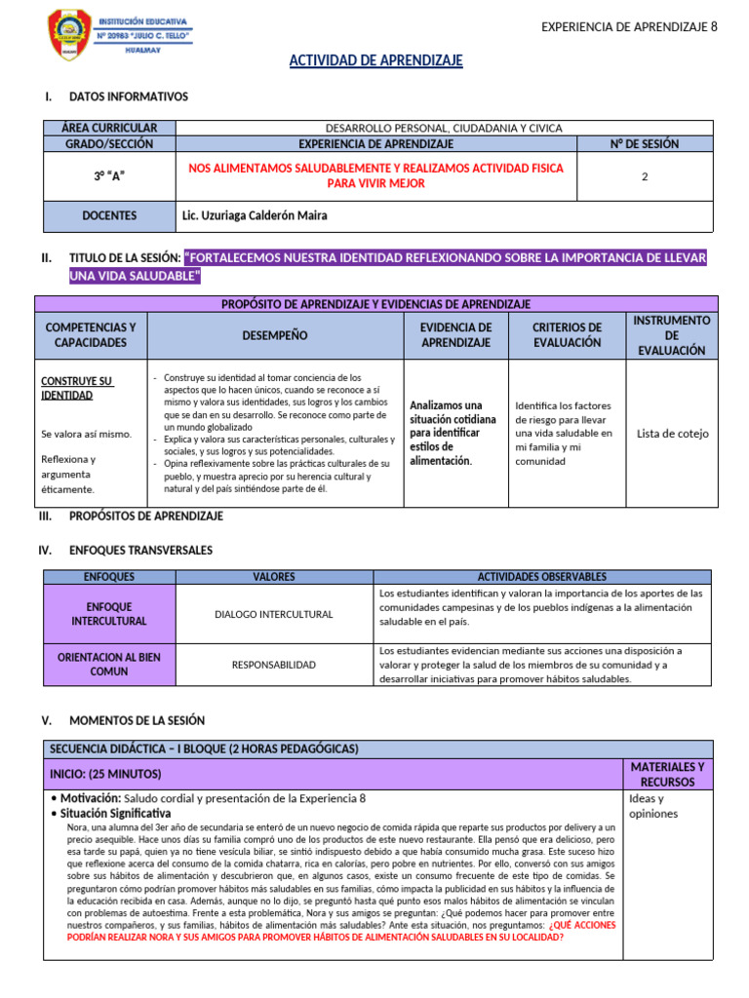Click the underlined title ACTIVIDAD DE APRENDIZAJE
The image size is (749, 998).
(x=375, y=61)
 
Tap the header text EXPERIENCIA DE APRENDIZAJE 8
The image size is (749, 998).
(x=629, y=26)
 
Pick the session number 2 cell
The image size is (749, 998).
(x=645, y=176)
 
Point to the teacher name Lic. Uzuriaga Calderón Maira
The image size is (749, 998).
(x=254, y=215)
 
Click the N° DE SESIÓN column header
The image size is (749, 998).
(x=645, y=143)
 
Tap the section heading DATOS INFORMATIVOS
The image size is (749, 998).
(x=129, y=96)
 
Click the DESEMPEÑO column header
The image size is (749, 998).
(x=276, y=335)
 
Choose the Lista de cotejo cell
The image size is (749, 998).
(x=672, y=434)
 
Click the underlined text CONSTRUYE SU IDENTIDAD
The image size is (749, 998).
(x=77, y=387)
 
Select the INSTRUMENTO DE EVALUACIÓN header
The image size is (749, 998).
(x=672, y=335)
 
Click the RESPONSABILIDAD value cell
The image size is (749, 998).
(x=273, y=665)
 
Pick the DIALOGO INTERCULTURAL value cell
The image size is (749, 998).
(x=273, y=614)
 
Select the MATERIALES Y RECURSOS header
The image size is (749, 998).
(x=668, y=775)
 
